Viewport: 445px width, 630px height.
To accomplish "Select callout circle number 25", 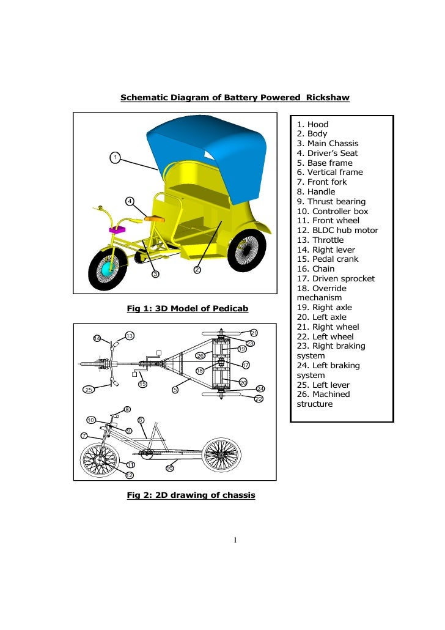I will [x=89, y=390].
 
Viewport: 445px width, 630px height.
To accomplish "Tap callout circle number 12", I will [x=130, y=475].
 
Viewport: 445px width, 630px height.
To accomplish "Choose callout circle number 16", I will [x=170, y=469].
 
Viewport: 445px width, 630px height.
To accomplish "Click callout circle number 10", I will [x=90, y=420].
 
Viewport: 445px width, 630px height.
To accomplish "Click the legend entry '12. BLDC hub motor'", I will [x=337, y=231].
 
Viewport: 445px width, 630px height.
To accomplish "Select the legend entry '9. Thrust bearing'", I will [x=331, y=201].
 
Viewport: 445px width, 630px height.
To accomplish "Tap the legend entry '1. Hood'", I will [x=312, y=124].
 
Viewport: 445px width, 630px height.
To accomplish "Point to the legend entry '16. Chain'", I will [x=315, y=269].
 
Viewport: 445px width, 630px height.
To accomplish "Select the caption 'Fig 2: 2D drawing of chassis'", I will [x=191, y=495].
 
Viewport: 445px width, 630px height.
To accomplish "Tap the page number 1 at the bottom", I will [x=235, y=540].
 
